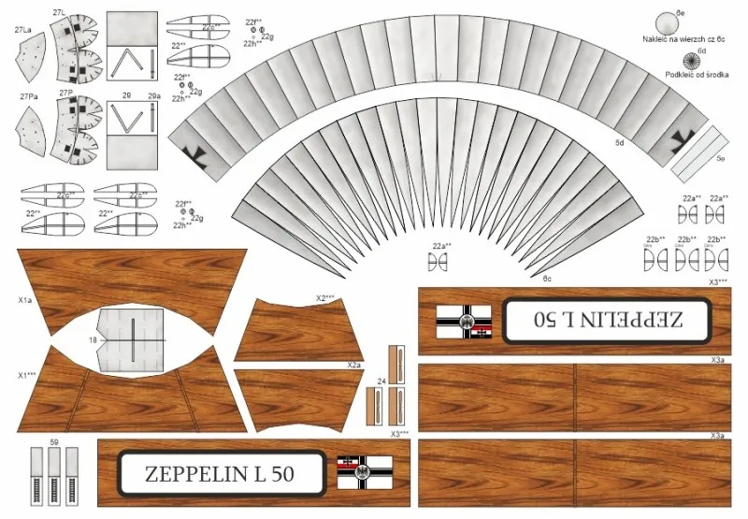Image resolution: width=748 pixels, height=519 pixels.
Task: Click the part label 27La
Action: click(23, 30)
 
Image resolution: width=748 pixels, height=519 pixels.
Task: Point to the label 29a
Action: click(154, 95)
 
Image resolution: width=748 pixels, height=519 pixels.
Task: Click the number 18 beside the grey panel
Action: click(93, 340)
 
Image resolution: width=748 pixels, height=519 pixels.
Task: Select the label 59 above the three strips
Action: click(54, 440)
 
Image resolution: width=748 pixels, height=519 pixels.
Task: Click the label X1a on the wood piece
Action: click(25, 301)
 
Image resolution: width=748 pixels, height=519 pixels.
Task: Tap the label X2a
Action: click(353, 364)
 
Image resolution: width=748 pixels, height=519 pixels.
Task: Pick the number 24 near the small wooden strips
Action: click(381, 382)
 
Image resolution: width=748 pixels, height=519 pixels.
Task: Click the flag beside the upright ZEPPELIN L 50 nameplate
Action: click(366, 473)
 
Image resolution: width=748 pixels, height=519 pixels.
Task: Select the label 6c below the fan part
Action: click(547, 278)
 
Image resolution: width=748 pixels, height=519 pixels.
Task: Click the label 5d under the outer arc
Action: click(619, 142)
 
